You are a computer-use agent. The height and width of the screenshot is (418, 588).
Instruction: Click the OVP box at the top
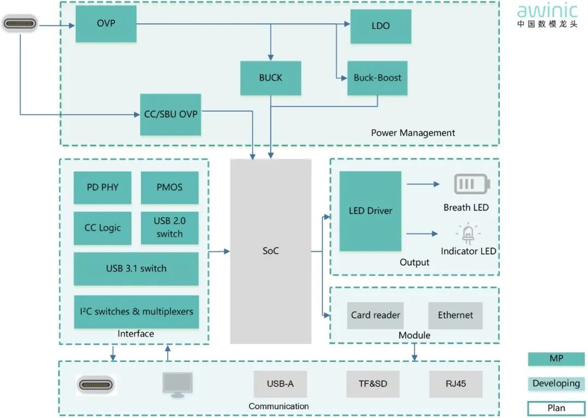click(x=106, y=24)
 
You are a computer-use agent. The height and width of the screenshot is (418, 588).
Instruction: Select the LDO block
click(x=380, y=26)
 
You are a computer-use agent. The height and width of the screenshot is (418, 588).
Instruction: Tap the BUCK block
click(x=271, y=78)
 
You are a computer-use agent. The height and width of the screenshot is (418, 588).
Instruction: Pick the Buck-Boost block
click(x=377, y=78)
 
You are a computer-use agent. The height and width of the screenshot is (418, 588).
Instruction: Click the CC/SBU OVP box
click(x=170, y=114)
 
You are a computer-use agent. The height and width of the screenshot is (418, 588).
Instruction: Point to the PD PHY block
click(x=102, y=187)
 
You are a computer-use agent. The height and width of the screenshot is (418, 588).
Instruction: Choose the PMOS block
click(x=169, y=187)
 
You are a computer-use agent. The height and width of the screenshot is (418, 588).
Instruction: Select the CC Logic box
click(x=102, y=228)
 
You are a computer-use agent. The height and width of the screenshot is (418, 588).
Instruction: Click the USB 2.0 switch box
click(x=169, y=228)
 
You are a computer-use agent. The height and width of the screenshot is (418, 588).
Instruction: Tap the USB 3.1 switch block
click(x=136, y=268)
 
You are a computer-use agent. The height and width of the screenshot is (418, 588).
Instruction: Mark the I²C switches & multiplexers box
click(x=136, y=312)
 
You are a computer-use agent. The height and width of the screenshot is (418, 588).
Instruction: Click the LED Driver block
click(x=370, y=211)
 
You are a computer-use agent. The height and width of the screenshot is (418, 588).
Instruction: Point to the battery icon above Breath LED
click(x=472, y=184)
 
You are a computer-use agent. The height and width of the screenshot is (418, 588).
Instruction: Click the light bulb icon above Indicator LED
click(x=468, y=233)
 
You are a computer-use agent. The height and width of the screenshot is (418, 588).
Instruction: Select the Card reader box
click(x=375, y=315)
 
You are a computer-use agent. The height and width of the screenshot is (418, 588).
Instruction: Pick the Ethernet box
click(x=455, y=315)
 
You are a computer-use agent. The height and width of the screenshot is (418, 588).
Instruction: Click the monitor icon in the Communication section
click(x=177, y=385)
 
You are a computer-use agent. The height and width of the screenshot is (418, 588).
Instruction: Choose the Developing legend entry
click(x=556, y=384)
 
